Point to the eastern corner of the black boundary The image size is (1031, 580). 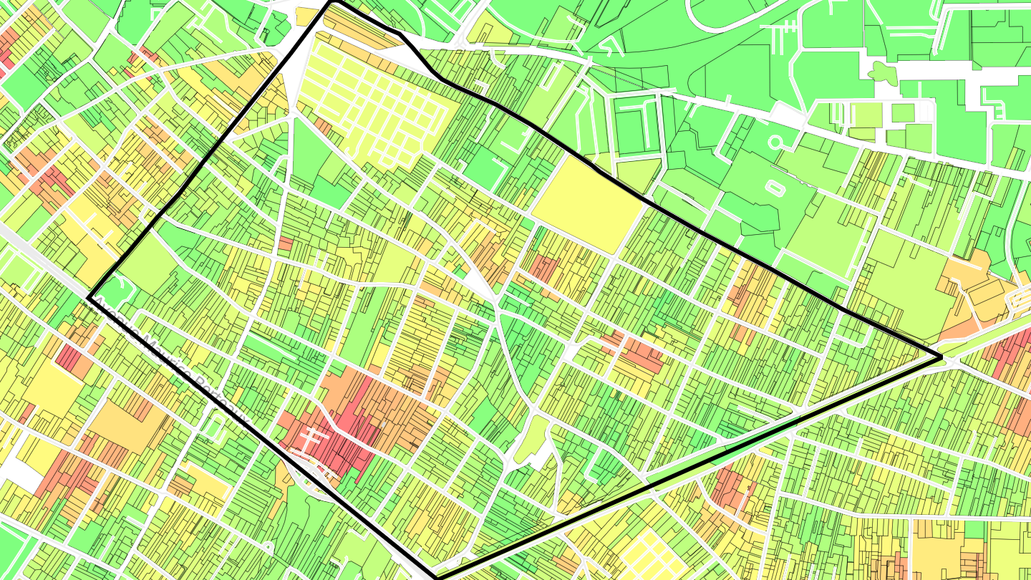click(939, 356)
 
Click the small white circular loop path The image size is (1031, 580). click(775, 142)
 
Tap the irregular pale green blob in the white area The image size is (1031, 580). click(882, 72)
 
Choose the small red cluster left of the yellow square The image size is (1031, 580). click(544, 268)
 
